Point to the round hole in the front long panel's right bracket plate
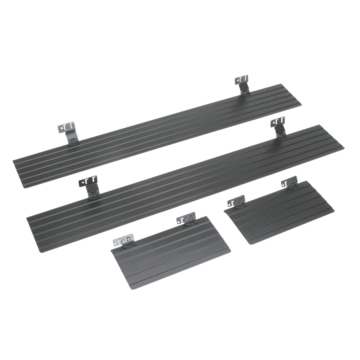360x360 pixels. click(x=272, y=122)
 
